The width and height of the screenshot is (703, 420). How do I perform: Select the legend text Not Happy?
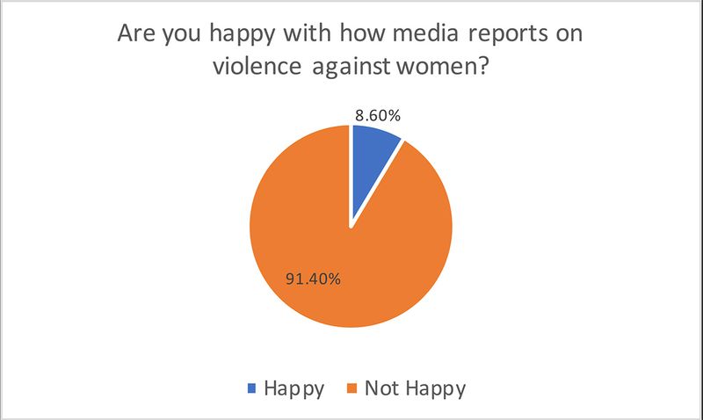click(412, 387)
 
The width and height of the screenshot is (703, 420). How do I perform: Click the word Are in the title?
click(137, 40)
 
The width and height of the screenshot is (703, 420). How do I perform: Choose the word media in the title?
click(421, 40)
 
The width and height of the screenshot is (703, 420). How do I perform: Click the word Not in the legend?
click(382, 387)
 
